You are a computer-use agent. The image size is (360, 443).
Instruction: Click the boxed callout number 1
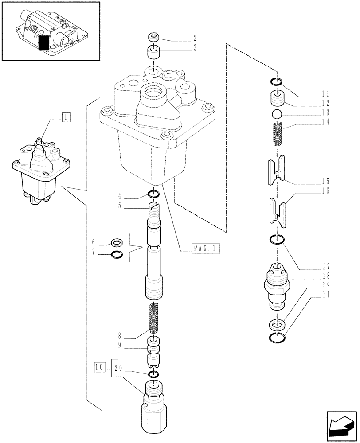click(x=66, y=117)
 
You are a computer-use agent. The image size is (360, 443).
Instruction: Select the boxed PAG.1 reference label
click(x=206, y=249)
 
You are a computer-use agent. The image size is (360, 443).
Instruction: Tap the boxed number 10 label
click(x=100, y=367)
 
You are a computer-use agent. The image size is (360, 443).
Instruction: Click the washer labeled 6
click(x=117, y=242)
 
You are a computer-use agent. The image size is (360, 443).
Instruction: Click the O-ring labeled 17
click(x=277, y=241)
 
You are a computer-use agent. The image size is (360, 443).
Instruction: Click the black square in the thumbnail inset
click(x=44, y=43)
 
